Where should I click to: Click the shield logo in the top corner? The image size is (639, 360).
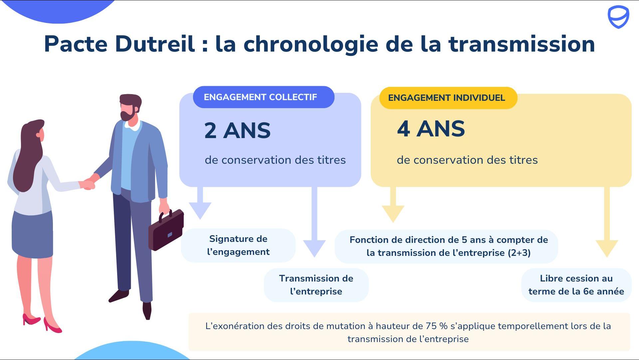point(618,17)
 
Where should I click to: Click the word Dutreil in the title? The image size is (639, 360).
point(155,44)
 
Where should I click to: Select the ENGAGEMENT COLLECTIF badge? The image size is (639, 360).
point(264,97)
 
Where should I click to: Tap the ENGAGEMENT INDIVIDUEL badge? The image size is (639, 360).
point(448,98)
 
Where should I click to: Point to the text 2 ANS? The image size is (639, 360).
point(237,130)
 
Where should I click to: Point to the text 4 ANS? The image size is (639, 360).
point(431,129)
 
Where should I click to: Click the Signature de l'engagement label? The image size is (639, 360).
point(238,245)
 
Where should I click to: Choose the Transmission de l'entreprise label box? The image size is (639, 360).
point(316,285)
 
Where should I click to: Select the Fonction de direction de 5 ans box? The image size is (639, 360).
point(446,246)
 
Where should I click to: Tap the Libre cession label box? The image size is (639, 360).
point(576,285)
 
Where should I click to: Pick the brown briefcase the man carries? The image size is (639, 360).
point(166,229)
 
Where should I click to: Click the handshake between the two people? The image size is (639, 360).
point(89,183)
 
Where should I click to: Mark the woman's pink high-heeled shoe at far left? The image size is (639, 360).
point(31,319)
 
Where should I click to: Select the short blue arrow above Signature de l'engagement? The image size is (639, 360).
point(200,203)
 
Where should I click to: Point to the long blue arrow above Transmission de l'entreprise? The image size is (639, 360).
point(315,222)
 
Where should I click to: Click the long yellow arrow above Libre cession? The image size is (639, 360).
point(607,222)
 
